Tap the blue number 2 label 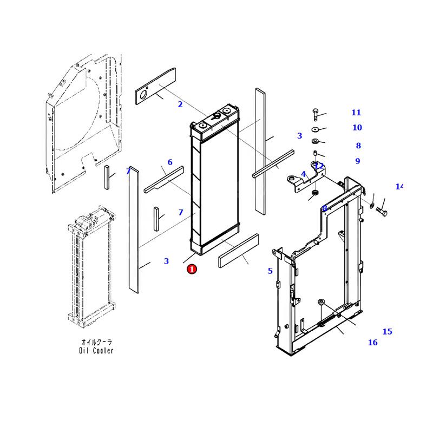(x=180, y=104)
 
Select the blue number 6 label (x=170, y=162)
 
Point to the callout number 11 (x=356, y=113)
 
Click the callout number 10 (x=357, y=128)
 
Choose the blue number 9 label (x=358, y=161)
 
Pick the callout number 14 (x=399, y=187)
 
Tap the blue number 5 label (x=270, y=271)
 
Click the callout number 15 (x=387, y=332)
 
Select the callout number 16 (x=372, y=343)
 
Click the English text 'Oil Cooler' (x=96, y=351)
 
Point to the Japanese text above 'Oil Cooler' (x=96, y=342)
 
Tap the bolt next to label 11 (x=314, y=114)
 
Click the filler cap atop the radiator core (x=219, y=114)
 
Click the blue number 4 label (x=304, y=174)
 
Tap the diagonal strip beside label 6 (x=164, y=179)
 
